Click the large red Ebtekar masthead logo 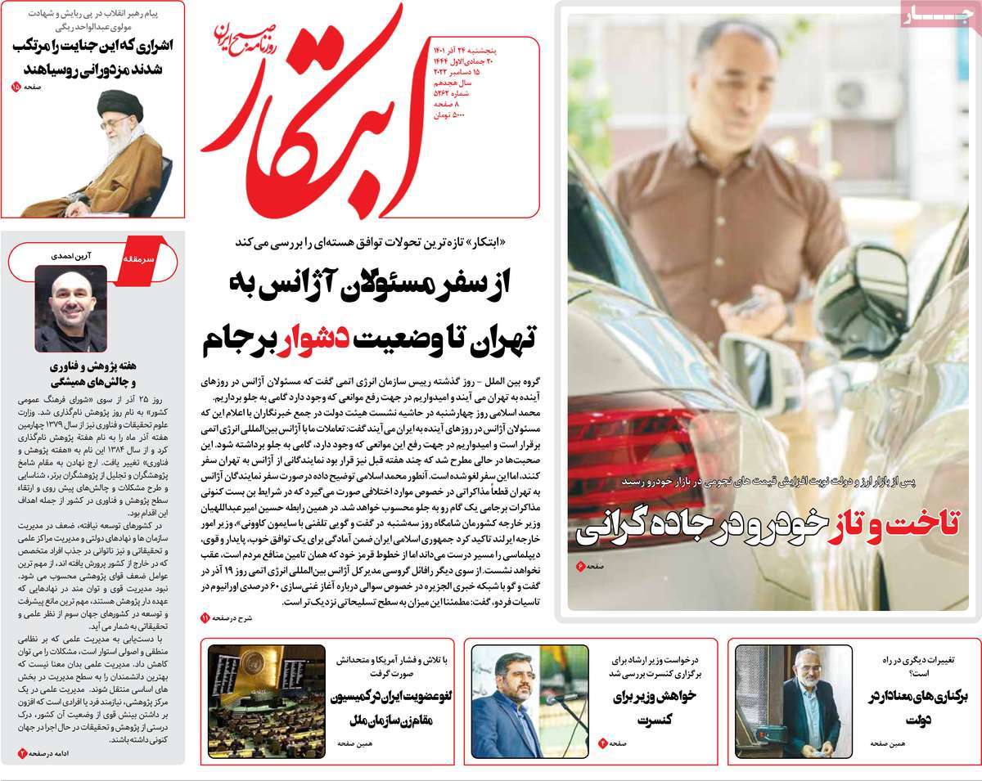click(x=319, y=114)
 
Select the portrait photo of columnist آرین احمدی click(x=70, y=307)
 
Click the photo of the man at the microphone click(x=529, y=701)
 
